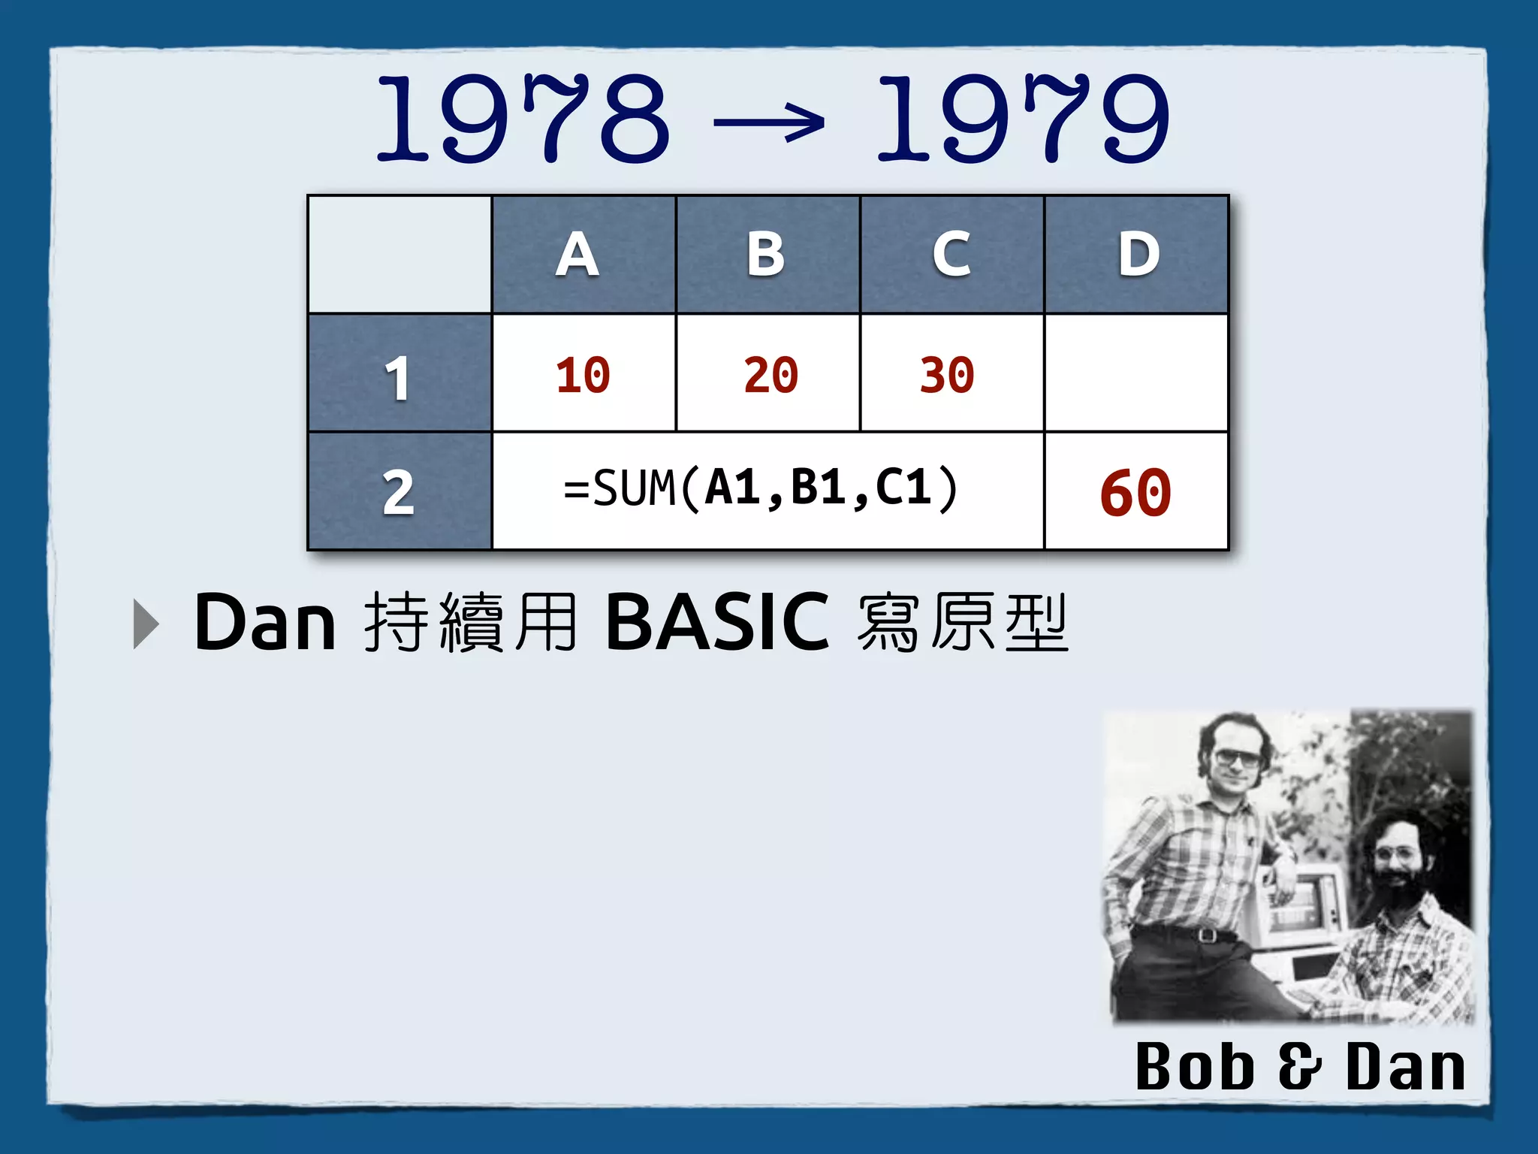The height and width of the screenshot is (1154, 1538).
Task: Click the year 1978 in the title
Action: pyautogui.click(x=523, y=119)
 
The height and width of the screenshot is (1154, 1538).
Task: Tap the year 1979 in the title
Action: pyautogui.click(x=1023, y=119)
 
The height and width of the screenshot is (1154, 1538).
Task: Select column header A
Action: pyautogui.click(x=578, y=254)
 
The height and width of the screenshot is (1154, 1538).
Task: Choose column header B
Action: pyautogui.click(x=766, y=254)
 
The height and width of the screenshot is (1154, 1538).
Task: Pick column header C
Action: pyautogui.click(x=951, y=254)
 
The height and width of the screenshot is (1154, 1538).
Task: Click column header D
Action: pyautogui.click(x=1138, y=254)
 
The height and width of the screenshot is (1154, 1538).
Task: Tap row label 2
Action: pyautogui.click(x=398, y=493)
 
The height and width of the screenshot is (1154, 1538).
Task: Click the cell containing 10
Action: pyautogui.click(x=583, y=375)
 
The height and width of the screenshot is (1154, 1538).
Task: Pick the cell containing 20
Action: pyautogui.click(x=771, y=375)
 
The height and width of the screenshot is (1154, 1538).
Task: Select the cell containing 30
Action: pyautogui.click(x=947, y=375)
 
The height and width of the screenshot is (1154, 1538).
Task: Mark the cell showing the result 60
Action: pyautogui.click(x=1135, y=493)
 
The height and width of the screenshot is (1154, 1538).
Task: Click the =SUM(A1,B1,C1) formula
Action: pyautogui.click(x=761, y=489)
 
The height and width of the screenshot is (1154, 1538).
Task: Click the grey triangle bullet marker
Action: pyautogui.click(x=146, y=624)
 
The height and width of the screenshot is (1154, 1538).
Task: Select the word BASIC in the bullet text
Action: pyautogui.click(x=717, y=622)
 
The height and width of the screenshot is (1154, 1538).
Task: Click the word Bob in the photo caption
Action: pyautogui.click(x=1194, y=1067)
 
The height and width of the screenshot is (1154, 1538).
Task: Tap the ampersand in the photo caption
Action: pyautogui.click(x=1299, y=1067)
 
